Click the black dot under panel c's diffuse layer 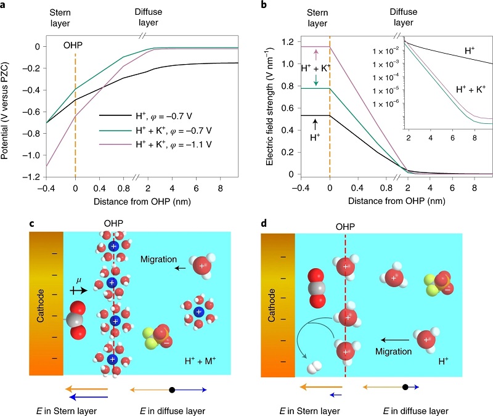point(172,389)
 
